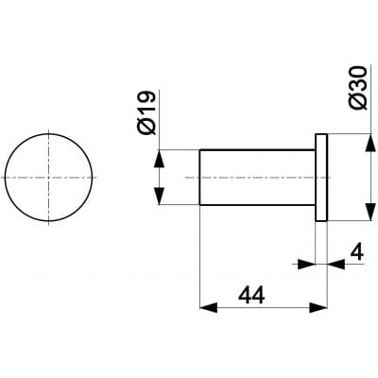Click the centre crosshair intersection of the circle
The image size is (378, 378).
coord(50,177)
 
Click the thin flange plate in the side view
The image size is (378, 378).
coord(320,177)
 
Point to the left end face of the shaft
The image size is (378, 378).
coord(201,177)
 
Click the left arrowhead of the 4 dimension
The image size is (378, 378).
coord(308,266)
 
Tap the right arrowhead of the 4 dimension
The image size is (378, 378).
coord(334,266)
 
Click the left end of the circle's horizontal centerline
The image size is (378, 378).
coord(3,177)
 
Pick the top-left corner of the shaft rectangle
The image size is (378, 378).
coord(201,149)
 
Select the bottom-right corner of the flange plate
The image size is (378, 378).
coord(327,219)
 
